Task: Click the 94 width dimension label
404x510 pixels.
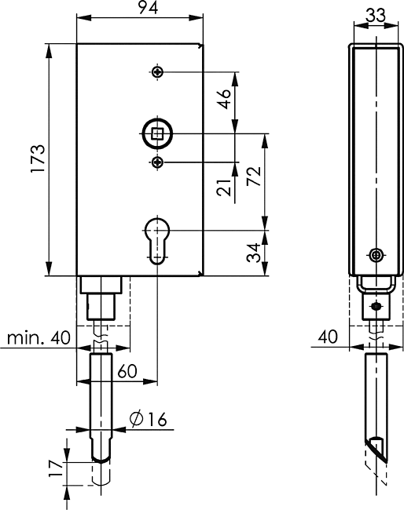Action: click(x=148, y=7)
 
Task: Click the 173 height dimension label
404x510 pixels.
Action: click(x=38, y=158)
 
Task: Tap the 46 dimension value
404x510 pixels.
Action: click(x=225, y=99)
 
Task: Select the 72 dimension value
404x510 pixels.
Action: click(x=254, y=176)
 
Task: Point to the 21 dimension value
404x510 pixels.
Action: click(x=225, y=188)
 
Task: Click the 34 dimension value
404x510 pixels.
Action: click(x=254, y=253)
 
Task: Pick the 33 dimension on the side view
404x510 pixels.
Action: click(x=376, y=15)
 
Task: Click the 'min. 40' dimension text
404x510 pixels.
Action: click(x=39, y=337)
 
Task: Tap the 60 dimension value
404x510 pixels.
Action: click(x=127, y=371)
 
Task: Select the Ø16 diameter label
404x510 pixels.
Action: click(x=149, y=419)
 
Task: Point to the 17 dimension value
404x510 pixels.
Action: click(x=56, y=468)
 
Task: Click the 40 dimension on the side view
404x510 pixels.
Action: click(x=328, y=337)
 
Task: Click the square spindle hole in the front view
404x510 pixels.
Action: click(x=158, y=133)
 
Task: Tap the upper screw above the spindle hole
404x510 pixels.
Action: click(x=158, y=72)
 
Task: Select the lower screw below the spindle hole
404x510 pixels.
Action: click(x=158, y=162)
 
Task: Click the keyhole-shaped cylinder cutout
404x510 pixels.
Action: click(x=157, y=241)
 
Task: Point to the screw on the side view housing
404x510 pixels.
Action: click(x=376, y=255)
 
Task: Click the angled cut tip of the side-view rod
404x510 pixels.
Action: click(x=387, y=461)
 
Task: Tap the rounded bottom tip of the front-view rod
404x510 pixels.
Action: click(x=101, y=459)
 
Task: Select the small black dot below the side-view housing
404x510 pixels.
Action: click(x=376, y=306)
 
